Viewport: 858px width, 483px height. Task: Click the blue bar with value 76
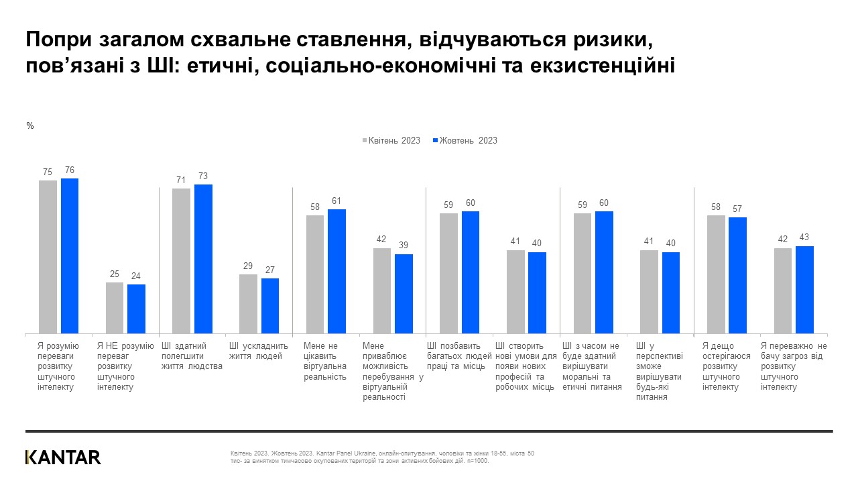[x=70, y=256]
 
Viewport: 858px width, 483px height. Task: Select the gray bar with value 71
[x=181, y=260]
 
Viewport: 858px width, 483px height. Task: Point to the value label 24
[x=136, y=276]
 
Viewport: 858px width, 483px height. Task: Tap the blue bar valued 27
[x=270, y=305]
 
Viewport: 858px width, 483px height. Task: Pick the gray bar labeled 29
[x=248, y=303]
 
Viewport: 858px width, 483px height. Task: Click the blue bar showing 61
[x=336, y=271]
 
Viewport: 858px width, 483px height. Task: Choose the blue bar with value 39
[x=404, y=293]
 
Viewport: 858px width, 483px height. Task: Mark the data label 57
[x=737, y=209]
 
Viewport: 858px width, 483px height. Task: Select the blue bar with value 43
[x=804, y=289]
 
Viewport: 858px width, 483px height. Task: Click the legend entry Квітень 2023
[x=391, y=141]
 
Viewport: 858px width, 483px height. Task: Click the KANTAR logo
[x=63, y=458]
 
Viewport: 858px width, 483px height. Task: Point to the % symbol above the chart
[x=29, y=125]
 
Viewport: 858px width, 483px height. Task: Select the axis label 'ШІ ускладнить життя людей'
[x=258, y=351]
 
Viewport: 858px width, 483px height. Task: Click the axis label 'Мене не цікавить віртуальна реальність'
[x=325, y=361]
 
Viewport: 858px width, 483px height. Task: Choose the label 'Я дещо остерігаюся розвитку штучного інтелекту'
[x=727, y=366]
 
